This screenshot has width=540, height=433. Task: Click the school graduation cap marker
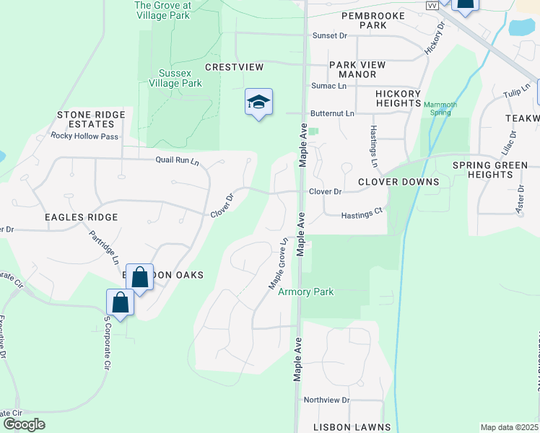coord(258,102)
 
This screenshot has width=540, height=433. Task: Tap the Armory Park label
coord(307,292)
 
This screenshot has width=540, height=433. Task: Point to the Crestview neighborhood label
coord(234,67)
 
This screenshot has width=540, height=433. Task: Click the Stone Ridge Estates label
coord(91,119)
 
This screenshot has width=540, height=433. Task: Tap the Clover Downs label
coord(389,182)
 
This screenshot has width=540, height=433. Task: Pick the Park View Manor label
coord(357,69)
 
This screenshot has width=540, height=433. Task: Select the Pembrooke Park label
coord(365,20)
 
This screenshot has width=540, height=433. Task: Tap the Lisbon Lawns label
coord(352,427)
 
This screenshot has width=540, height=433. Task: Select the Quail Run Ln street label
coord(177,161)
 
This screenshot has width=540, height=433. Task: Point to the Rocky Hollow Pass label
coord(84,136)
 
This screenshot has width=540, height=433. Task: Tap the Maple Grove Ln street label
coord(279,263)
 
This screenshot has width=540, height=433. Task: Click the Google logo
coord(24,424)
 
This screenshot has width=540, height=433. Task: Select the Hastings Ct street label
coord(361,214)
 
